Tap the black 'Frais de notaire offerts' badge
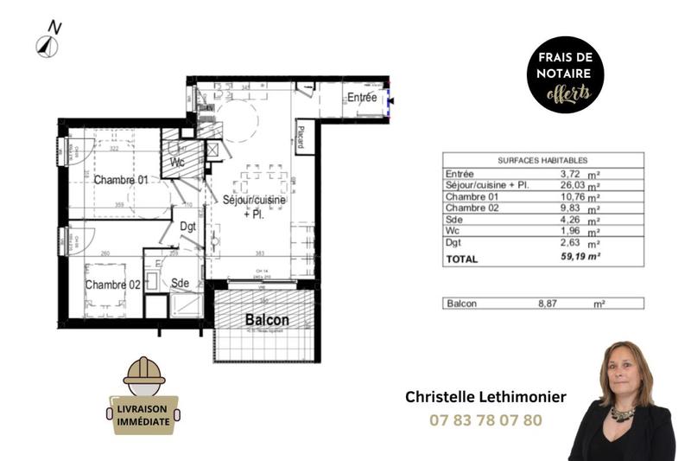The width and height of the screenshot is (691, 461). pyautogui.click(x=566, y=75)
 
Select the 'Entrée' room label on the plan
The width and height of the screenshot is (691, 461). pyautogui.click(x=362, y=98)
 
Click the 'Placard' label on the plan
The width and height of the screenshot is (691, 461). pyautogui.click(x=301, y=137)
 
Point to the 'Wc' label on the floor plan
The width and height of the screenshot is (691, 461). pyautogui.click(x=177, y=163)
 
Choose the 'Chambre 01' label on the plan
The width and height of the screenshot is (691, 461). pyautogui.click(x=121, y=180)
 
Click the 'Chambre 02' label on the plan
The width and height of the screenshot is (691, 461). pyautogui.click(x=112, y=285)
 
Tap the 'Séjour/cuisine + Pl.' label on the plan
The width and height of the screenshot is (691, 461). pyautogui.click(x=253, y=206)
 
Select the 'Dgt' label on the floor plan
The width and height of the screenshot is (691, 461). pyautogui.click(x=187, y=227)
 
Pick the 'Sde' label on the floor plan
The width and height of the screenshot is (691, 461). pyautogui.click(x=181, y=283)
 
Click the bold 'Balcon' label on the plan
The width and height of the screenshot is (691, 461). pyautogui.click(x=267, y=320)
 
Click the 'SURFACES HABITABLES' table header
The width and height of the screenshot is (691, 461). pyautogui.click(x=542, y=160)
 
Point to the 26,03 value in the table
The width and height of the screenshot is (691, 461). pyautogui.click(x=561, y=186)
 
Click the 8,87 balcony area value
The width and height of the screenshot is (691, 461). pyautogui.click(x=550, y=304)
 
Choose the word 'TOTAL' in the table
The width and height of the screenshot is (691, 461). pyautogui.click(x=462, y=259)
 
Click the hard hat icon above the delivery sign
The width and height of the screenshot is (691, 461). pyautogui.click(x=144, y=371)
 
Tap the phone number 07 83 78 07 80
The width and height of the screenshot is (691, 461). pyautogui.click(x=485, y=420)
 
